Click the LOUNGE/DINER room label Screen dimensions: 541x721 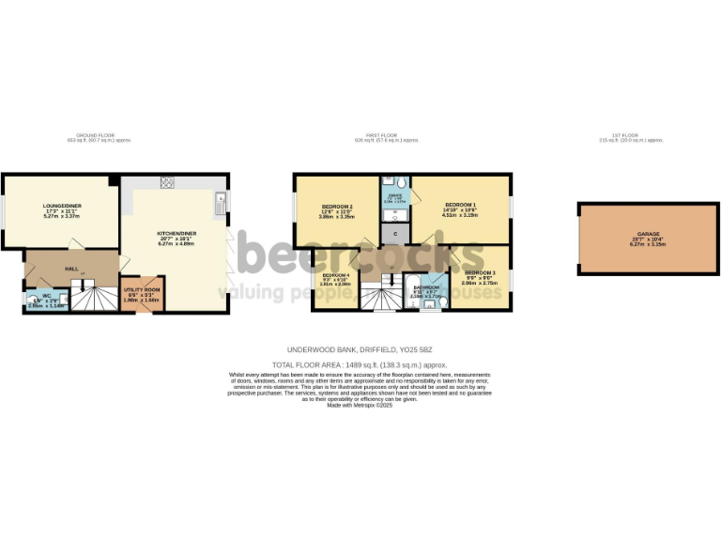[58, 204]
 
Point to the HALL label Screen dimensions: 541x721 [71, 268]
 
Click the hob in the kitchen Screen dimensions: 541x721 [169, 182]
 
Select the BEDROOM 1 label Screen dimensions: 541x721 [461, 205]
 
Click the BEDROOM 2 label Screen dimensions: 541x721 [337, 206]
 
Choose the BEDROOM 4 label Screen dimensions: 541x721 [335, 275]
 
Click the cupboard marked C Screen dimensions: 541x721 [396, 232]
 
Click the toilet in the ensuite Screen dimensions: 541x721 [399, 181]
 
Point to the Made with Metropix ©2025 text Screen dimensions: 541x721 [360, 404]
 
